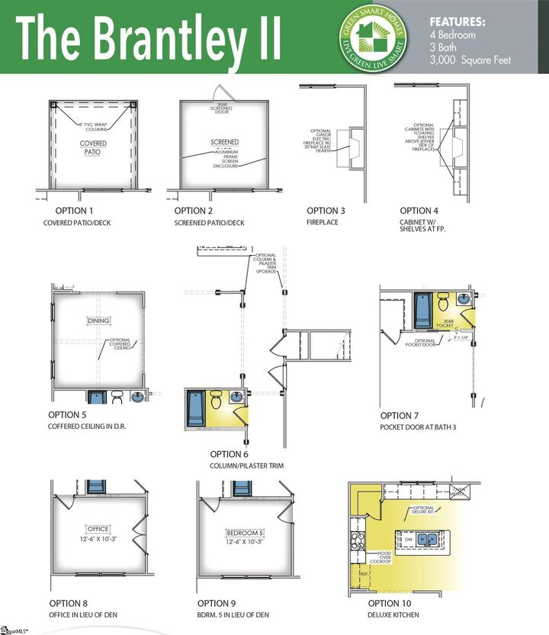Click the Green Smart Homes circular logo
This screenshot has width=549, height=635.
point(372,37)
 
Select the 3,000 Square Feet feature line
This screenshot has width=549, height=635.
point(470,60)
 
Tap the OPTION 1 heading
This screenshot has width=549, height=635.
point(75,211)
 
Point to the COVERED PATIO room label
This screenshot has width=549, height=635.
point(93,147)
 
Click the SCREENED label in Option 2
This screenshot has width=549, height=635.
point(225,142)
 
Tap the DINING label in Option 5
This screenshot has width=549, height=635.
point(99,321)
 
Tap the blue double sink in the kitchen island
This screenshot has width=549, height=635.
point(427,539)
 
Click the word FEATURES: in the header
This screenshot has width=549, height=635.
point(457,22)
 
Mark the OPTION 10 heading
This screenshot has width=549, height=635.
point(390,603)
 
